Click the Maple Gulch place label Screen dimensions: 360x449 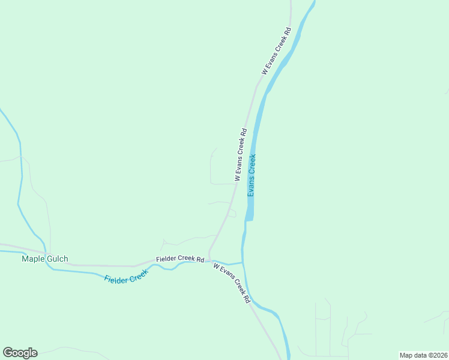click(45, 259)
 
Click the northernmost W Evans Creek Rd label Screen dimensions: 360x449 click(276, 50)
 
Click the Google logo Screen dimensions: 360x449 click(20, 353)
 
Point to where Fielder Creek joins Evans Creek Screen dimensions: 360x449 click(243, 262)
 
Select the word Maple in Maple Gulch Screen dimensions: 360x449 click(33, 259)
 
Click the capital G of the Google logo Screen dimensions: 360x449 click(8, 353)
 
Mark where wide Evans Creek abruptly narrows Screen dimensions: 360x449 click(249, 220)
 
